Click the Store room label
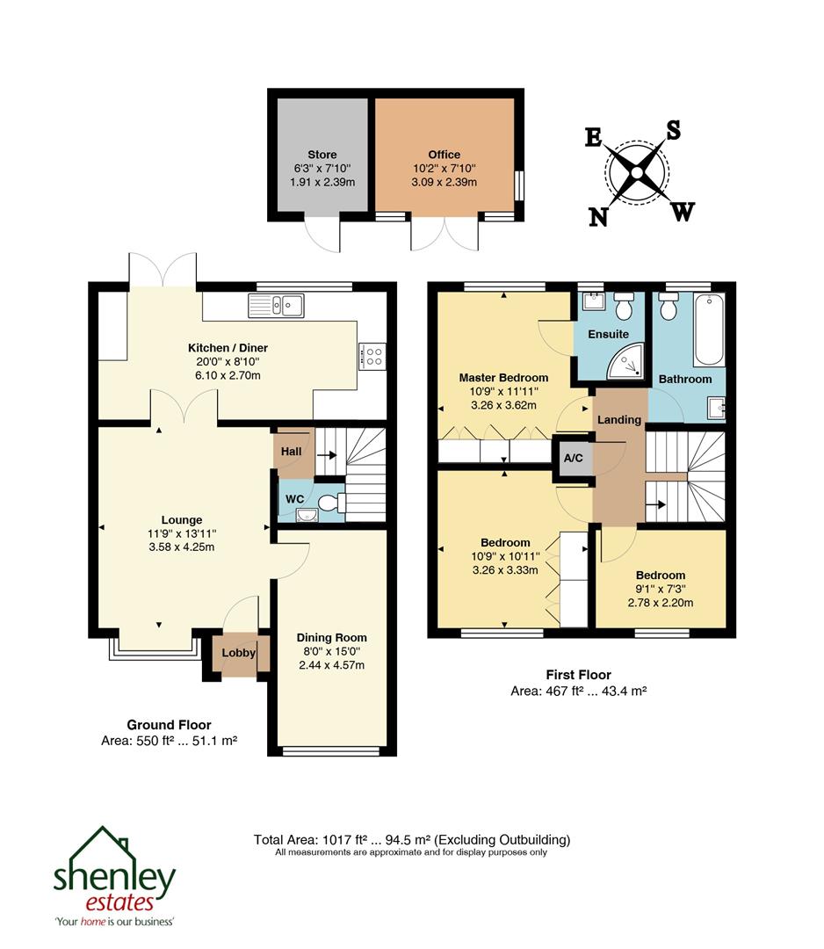322,155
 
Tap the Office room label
445,155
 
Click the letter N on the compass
598,216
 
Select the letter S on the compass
674,130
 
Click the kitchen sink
276,305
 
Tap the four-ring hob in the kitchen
373,356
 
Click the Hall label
291,451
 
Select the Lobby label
238,653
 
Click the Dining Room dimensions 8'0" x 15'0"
331,651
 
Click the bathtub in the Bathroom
708,331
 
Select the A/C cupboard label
573,459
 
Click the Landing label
619,420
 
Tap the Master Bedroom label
503,378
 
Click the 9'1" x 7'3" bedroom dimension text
660,590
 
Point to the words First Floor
578,675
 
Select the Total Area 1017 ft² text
332,839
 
